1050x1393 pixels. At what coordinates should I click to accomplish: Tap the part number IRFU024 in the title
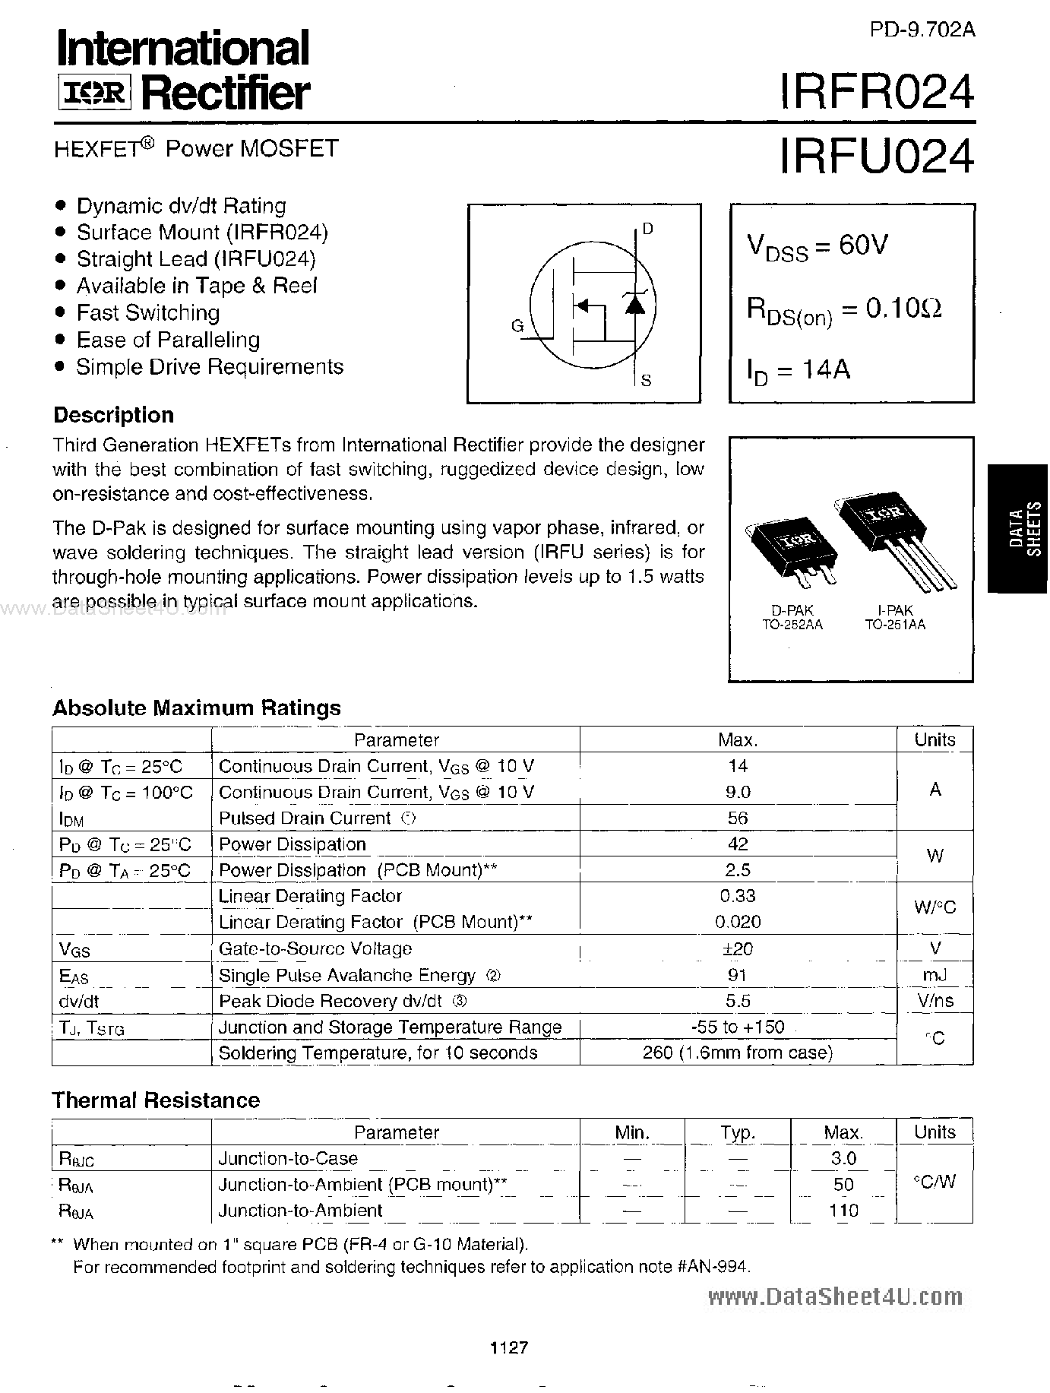point(875,157)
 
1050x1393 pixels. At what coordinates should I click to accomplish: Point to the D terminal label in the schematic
point(647,229)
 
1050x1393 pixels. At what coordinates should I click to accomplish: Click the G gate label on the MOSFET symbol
point(517,327)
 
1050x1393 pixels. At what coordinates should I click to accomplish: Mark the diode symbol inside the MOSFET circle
point(634,304)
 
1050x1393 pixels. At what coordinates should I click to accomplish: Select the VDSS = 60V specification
point(817,247)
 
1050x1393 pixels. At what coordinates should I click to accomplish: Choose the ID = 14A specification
point(798,371)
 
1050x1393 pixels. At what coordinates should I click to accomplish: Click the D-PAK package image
point(792,552)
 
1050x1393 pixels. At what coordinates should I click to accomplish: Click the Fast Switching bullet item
point(147,313)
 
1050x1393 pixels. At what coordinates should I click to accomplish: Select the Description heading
point(113,415)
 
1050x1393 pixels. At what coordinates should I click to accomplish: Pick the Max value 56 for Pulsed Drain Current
point(737,818)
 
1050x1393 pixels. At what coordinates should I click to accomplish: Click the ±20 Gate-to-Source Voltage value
point(738,948)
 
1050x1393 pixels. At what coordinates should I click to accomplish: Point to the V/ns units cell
point(935,1001)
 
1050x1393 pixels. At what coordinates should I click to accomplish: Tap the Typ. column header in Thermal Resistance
point(737,1132)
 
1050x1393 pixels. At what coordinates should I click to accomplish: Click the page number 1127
point(509,1348)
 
